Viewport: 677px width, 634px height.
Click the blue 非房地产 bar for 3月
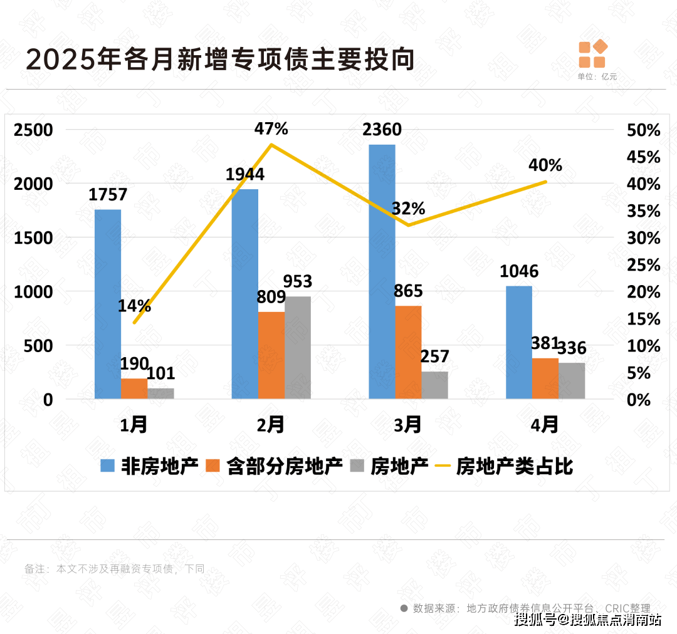[382, 271]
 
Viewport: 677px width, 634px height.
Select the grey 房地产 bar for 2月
[298, 347]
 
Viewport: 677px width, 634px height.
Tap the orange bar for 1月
[134, 388]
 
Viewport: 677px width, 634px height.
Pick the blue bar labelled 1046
[518, 342]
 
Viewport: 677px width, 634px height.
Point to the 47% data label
[271, 129]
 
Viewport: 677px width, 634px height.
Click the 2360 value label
[382, 130]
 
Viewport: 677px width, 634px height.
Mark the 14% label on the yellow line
[134, 306]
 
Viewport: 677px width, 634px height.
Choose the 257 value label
[434, 356]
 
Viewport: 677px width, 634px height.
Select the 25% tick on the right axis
[643, 266]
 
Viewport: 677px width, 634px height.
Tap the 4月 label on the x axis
[544, 425]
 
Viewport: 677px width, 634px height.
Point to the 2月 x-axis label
[271, 425]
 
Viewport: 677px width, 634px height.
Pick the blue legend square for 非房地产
[108, 466]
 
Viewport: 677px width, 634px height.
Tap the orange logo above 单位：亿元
[592, 54]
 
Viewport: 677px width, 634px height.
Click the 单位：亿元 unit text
[597, 76]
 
